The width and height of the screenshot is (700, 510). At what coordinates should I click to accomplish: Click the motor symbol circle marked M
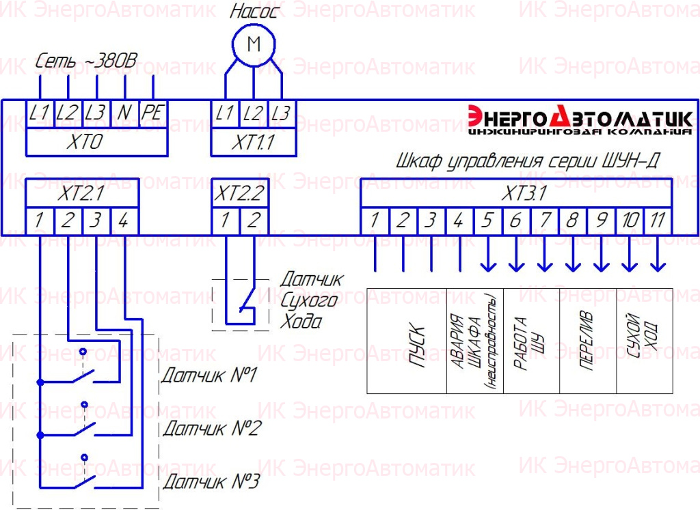coord(254,44)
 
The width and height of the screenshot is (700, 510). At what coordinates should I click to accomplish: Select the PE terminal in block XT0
coord(153,113)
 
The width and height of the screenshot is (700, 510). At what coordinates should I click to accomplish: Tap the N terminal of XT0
coord(124,113)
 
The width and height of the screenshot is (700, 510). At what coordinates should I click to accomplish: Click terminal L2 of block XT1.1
coord(253,114)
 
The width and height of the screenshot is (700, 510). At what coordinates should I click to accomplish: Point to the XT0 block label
coord(84,142)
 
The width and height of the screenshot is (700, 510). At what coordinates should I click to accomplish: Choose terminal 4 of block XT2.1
coord(124,221)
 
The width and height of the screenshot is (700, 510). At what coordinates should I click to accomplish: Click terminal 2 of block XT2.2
coord(254,221)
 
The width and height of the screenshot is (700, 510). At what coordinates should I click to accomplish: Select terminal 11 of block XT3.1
coord(658,221)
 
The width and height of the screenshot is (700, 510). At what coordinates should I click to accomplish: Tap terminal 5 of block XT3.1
coord(488,221)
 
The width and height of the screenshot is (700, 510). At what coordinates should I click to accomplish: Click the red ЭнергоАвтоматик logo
coord(580,119)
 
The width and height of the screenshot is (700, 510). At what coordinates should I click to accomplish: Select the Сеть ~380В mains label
coord(86,61)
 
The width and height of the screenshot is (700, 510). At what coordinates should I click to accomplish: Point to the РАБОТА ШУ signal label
coord(529,343)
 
